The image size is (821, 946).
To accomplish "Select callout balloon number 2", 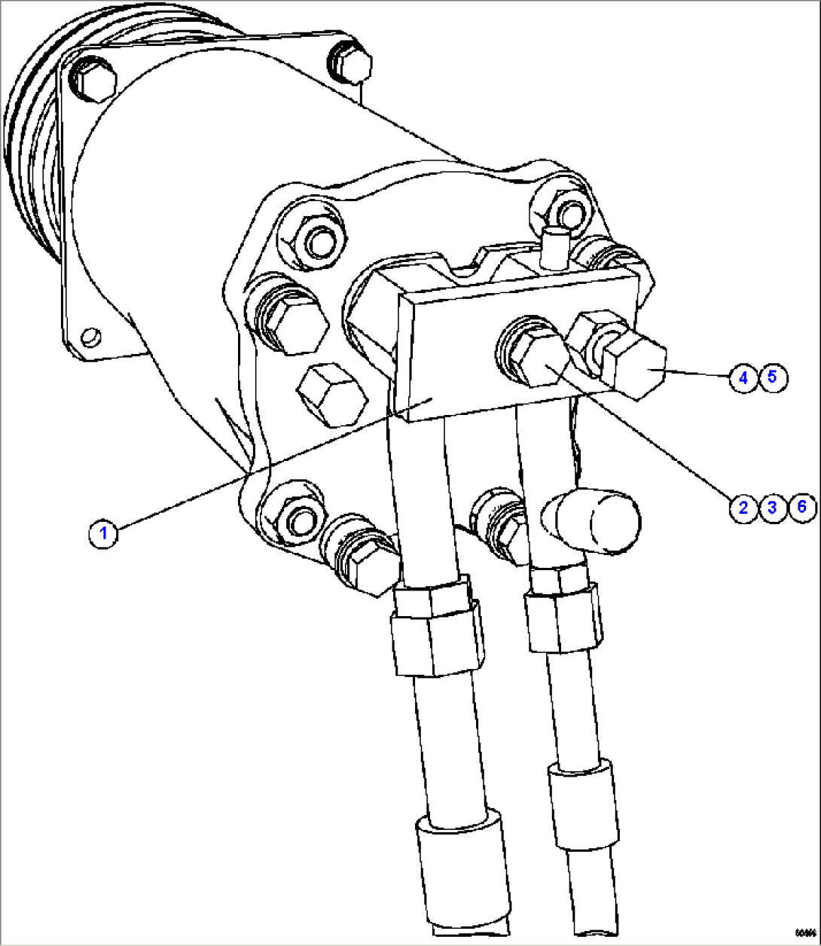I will pyautogui.click(x=743, y=507).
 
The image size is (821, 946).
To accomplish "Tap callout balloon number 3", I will pyautogui.click(x=771, y=507).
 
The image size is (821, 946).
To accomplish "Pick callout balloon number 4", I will pyautogui.click(x=743, y=377).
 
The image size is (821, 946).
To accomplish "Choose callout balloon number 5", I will pyautogui.click(x=772, y=377).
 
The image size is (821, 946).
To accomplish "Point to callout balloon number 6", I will pyautogui.click(x=801, y=507).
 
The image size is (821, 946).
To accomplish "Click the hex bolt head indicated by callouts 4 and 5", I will pyautogui.click(x=639, y=367).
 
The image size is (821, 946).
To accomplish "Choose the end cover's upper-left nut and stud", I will pyautogui.click(x=314, y=240).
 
